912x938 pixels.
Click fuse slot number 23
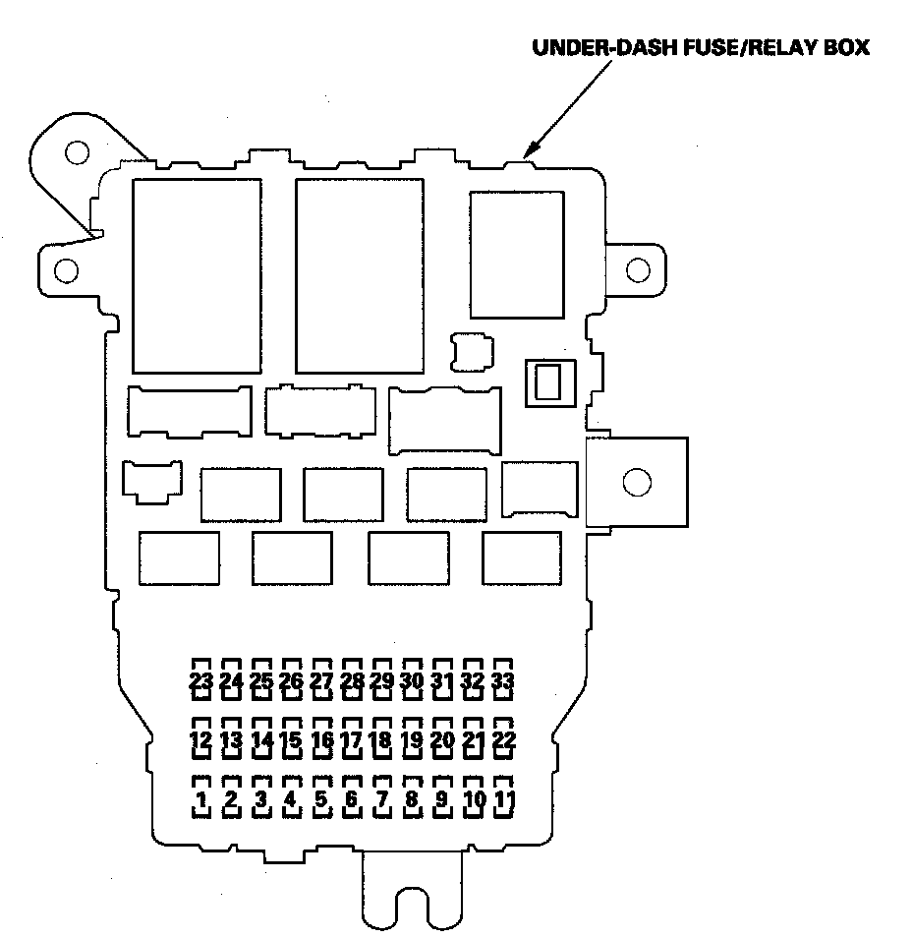click(200, 679)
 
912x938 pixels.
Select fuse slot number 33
click(504, 679)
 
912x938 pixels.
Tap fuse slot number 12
click(200, 739)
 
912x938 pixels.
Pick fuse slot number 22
click(504, 739)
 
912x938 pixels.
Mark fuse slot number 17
click(352, 739)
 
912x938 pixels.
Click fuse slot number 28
click(352, 679)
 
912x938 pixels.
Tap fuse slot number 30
click(413, 679)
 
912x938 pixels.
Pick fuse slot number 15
click(291, 739)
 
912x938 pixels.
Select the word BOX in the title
click(846, 48)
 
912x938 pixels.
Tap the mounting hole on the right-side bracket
click(637, 482)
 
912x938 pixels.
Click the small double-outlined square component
click(552, 381)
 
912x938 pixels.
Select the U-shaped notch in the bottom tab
click(411, 909)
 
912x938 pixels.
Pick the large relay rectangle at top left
click(197, 275)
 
